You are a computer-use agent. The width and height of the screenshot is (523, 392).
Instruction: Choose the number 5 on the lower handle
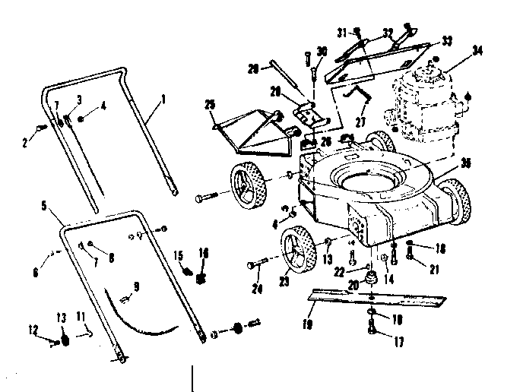tap(45, 205)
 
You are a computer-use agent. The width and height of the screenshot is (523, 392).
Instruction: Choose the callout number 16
tap(202, 253)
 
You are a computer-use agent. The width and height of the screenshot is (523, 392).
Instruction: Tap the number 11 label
tap(81, 315)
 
